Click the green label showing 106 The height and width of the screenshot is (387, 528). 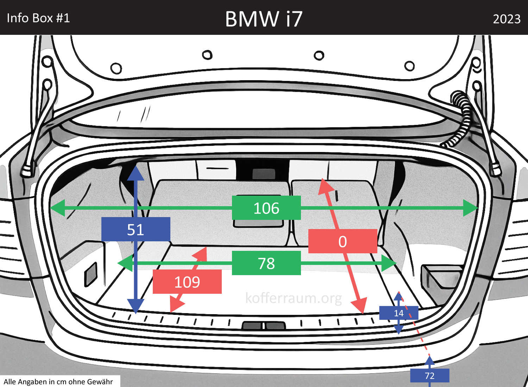[x=266, y=208]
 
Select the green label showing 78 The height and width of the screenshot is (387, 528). [x=266, y=263]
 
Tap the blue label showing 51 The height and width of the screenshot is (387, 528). [x=136, y=229]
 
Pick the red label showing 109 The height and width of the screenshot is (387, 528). [x=187, y=282]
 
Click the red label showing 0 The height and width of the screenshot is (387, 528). [x=342, y=241]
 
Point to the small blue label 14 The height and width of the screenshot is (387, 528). [x=398, y=313]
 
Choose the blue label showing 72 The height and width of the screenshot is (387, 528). [x=429, y=375]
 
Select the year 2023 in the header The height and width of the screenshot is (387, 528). [x=507, y=19]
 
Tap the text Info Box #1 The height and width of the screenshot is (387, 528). [x=38, y=18]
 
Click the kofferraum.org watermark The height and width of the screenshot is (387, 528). [x=293, y=298]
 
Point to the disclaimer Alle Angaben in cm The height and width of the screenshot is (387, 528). [x=58, y=382]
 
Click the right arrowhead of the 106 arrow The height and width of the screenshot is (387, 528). [x=471, y=208]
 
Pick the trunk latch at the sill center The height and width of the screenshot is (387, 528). [x=263, y=326]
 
